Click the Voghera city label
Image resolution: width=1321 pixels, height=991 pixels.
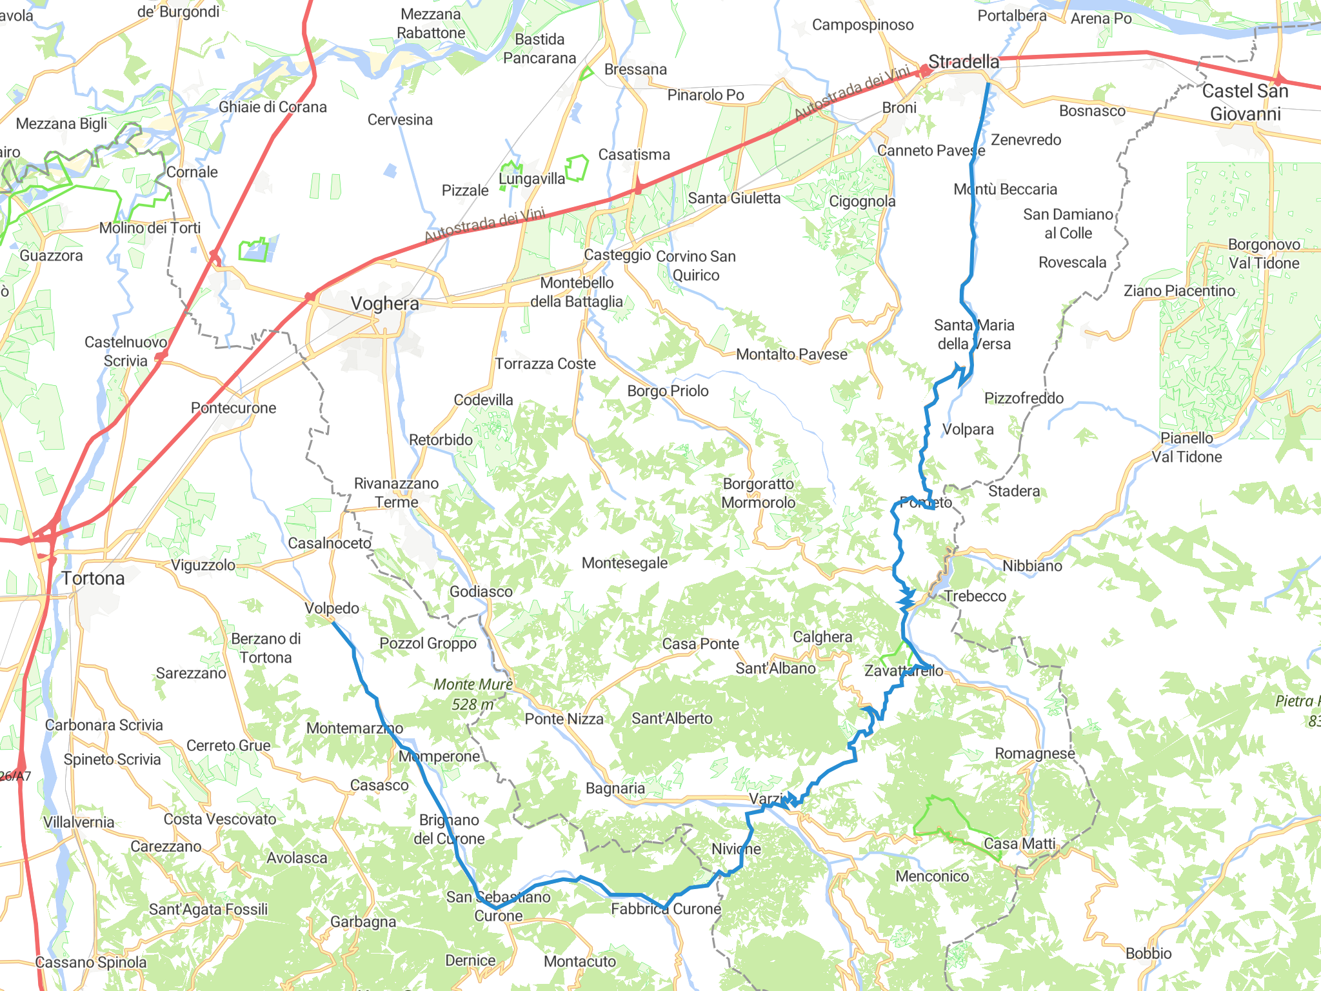[x=384, y=303]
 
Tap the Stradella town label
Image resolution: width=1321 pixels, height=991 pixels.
[x=964, y=62]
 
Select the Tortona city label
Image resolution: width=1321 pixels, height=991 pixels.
[x=94, y=578]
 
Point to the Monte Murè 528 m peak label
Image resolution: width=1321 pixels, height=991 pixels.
[x=473, y=694]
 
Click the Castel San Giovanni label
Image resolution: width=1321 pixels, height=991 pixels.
[x=1245, y=103]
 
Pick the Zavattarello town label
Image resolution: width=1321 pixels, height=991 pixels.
[x=904, y=670]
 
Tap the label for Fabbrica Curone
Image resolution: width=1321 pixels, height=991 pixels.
[x=666, y=908]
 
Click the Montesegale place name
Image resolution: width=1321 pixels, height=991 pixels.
[x=624, y=563]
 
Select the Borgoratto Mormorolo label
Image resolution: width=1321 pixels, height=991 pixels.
[x=758, y=493]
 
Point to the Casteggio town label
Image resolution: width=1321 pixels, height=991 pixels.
[x=617, y=255]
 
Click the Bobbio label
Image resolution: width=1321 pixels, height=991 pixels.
[x=1148, y=953]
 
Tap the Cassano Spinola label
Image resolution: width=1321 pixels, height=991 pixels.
[x=91, y=962]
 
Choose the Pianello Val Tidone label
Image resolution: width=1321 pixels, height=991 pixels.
[x=1187, y=447]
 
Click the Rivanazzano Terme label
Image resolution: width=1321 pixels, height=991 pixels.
[x=396, y=493]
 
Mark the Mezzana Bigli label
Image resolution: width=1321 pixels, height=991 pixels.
[x=61, y=123]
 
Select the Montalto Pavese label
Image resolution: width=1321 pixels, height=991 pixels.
[x=791, y=354]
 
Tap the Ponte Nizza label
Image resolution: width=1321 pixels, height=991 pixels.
[x=564, y=719]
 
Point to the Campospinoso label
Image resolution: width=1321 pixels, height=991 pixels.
[x=862, y=25]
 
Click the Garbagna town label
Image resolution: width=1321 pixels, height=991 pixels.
[x=363, y=921]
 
